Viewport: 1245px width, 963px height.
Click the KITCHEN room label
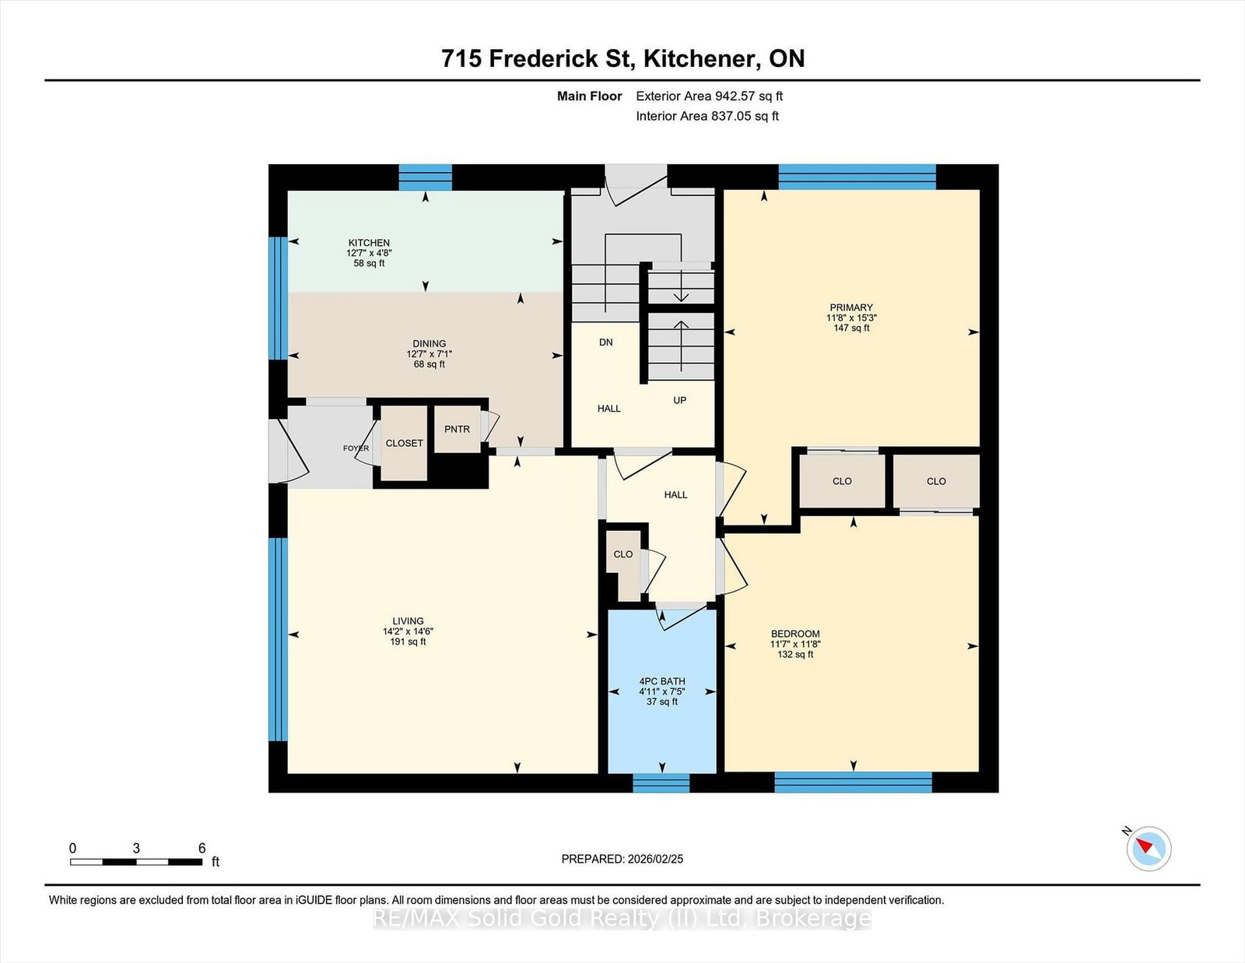(x=369, y=243)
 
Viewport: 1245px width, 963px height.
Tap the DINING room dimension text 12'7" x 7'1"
(x=429, y=354)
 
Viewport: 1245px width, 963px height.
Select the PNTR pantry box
(x=457, y=429)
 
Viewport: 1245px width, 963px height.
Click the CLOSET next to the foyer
(x=405, y=443)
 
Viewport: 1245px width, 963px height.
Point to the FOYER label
(x=356, y=448)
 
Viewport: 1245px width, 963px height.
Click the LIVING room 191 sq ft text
(x=408, y=642)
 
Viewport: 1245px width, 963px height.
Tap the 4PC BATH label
(x=661, y=681)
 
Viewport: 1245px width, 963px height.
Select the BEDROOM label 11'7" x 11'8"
(x=795, y=644)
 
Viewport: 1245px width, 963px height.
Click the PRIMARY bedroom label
(x=850, y=308)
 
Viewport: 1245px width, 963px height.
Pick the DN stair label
(x=606, y=343)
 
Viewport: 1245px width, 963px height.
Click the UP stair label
(x=679, y=400)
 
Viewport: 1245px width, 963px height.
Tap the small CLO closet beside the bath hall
(x=623, y=554)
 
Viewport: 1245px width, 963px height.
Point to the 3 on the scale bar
(x=136, y=849)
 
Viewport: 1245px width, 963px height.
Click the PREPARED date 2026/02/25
(x=622, y=859)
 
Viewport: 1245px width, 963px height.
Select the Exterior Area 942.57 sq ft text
(x=709, y=97)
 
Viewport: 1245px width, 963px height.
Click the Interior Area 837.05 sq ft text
(x=707, y=116)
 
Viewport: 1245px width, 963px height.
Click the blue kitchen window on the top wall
(x=425, y=177)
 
